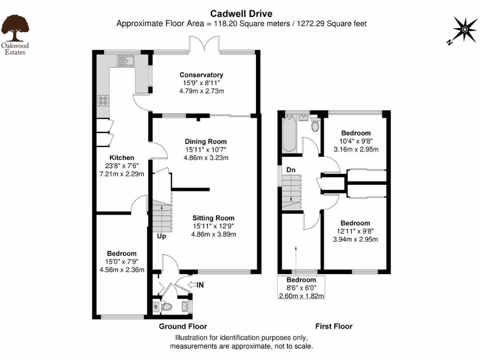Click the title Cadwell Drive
(x=241, y=14)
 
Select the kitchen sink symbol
(x=125, y=60)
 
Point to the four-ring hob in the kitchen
(x=103, y=100)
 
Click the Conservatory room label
(x=201, y=75)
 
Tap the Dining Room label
(x=205, y=142)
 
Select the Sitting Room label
(x=213, y=218)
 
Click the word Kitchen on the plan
(x=122, y=158)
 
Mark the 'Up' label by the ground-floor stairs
(x=161, y=236)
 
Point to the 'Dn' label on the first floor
(x=291, y=171)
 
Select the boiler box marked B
(x=156, y=307)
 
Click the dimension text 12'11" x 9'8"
(x=355, y=231)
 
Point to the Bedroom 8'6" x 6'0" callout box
(x=301, y=287)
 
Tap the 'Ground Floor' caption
(x=183, y=326)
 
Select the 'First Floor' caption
(x=333, y=326)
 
